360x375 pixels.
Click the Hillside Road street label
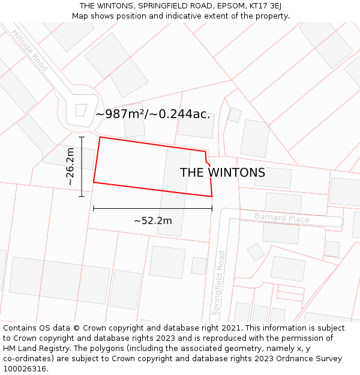coord(29,50)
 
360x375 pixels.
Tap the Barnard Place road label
coord(282,218)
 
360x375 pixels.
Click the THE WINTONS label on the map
coord(223,173)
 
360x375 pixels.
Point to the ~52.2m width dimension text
coord(152,221)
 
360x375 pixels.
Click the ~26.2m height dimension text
coord(70,166)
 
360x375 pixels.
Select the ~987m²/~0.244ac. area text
coord(153,114)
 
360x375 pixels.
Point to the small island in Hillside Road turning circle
coord(80,110)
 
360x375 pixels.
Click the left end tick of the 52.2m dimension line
coord(94,208)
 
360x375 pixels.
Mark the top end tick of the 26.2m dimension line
coord(82,137)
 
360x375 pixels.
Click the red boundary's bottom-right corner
coord(212,196)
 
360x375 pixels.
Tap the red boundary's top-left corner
coord(100,137)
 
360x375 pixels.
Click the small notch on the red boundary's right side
coord(208,163)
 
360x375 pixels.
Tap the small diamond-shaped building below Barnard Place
coord(256,251)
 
